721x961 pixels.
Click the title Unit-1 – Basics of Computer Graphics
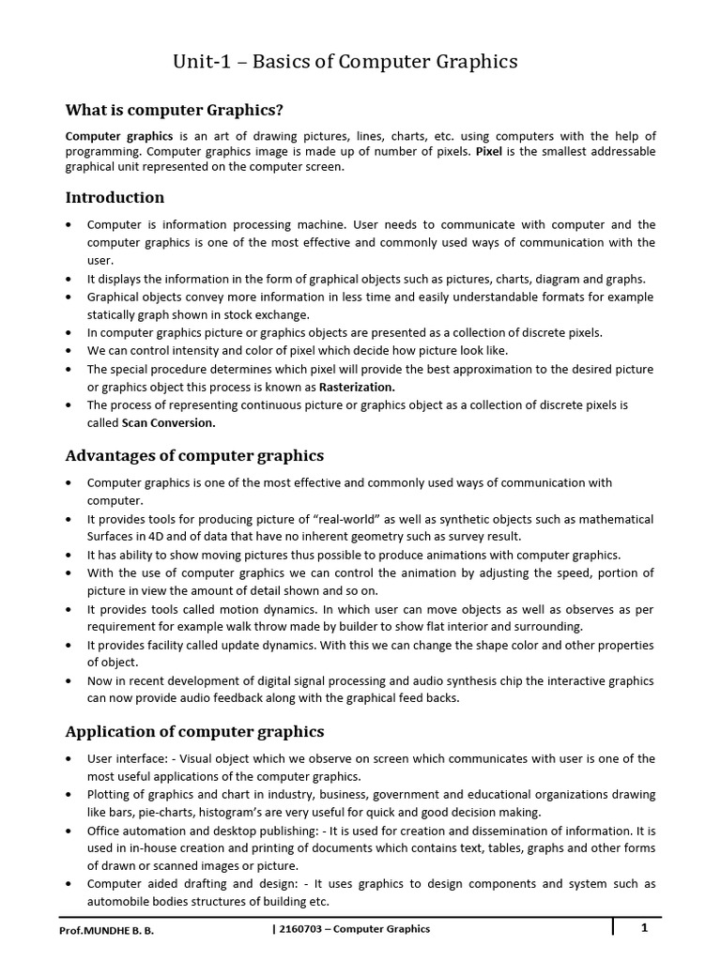(345, 62)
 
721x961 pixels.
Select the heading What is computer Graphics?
(174, 111)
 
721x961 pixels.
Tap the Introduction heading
(115, 197)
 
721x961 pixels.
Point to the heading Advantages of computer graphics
(194, 455)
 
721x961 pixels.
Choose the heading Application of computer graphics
(194, 731)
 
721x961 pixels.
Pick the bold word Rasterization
(358, 387)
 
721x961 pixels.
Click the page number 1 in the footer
(645, 928)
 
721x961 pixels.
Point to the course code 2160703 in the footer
(298, 929)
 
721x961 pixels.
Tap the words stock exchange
(272, 314)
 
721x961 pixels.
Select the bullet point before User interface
(70, 758)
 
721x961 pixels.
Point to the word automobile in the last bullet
(117, 901)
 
